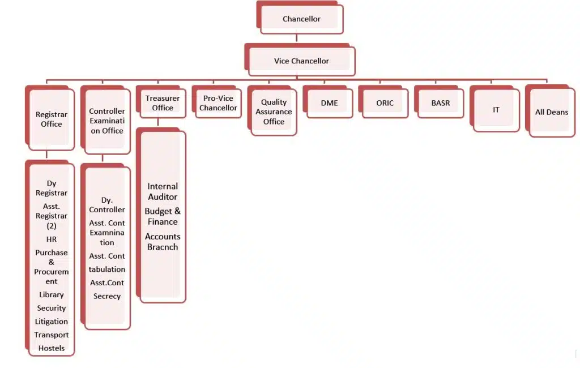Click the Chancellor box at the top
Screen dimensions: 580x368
click(300, 18)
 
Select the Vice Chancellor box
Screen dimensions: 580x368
click(300, 59)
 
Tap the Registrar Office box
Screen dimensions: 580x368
click(50, 118)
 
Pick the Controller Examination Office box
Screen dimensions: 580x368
click(105, 120)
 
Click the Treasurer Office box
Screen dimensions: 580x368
click(161, 102)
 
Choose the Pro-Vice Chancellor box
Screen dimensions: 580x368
click(217, 102)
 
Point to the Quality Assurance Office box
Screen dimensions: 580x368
click(272, 110)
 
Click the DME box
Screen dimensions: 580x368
click(328, 102)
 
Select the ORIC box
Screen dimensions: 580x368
click(383, 102)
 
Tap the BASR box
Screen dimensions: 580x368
click(439, 102)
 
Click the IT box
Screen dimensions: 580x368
click(494, 109)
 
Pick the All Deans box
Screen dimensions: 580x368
click(551, 111)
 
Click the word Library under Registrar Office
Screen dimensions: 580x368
click(52, 295)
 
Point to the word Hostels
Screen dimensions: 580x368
click(52, 348)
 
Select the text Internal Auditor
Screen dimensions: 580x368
click(163, 191)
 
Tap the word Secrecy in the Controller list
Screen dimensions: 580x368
click(107, 296)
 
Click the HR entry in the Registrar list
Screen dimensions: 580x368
click(52, 239)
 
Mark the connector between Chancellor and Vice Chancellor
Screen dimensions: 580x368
click(297, 38)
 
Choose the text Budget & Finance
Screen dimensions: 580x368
click(163, 216)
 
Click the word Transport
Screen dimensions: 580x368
click(52, 335)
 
